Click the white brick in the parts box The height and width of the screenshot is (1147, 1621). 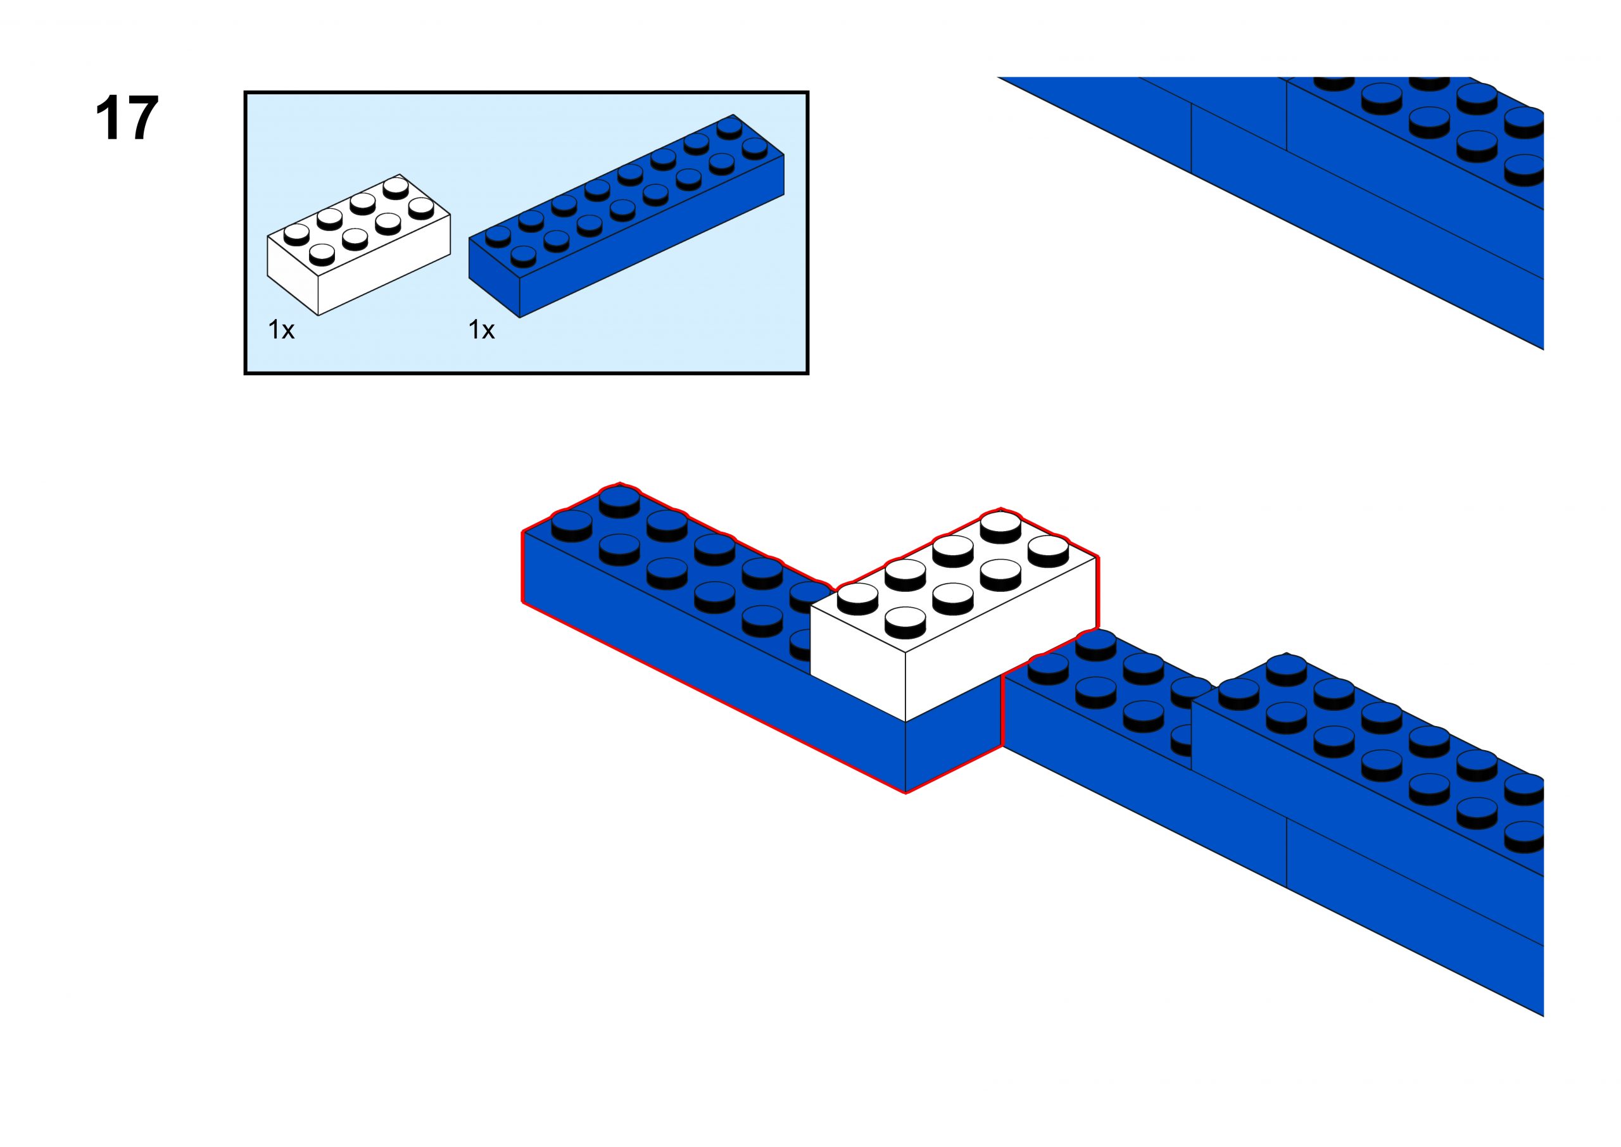point(359,244)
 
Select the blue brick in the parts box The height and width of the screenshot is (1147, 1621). point(626,215)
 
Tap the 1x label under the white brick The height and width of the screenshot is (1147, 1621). point(281,330)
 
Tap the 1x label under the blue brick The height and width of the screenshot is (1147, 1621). point(482,330)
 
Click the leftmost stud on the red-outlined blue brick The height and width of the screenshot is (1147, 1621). point(571,524)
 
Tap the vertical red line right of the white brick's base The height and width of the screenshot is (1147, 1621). point(1002,710)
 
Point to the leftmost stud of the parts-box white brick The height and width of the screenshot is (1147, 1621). point(296,232)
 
